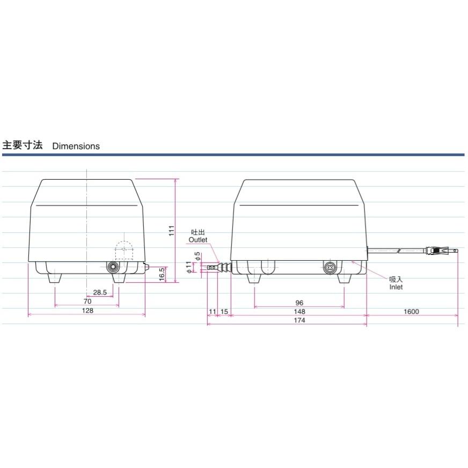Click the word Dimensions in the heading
point(76,146)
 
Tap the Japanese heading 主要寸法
point(23,145)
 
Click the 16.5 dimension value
point(162,274)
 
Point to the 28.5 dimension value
point(100,292)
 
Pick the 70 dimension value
point(87,302)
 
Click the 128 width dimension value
point(87,311)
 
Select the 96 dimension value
point(299,303)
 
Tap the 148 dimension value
point(299,311)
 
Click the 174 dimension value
point(299,320)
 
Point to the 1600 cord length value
point(412,311)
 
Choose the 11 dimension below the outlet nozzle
point(211,311)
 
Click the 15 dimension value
point(224,311)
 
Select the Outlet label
point(198,240)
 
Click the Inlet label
point(396,287)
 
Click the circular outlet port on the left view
point(113,267)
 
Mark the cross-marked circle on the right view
point(330,266)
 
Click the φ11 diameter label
point(189,266)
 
